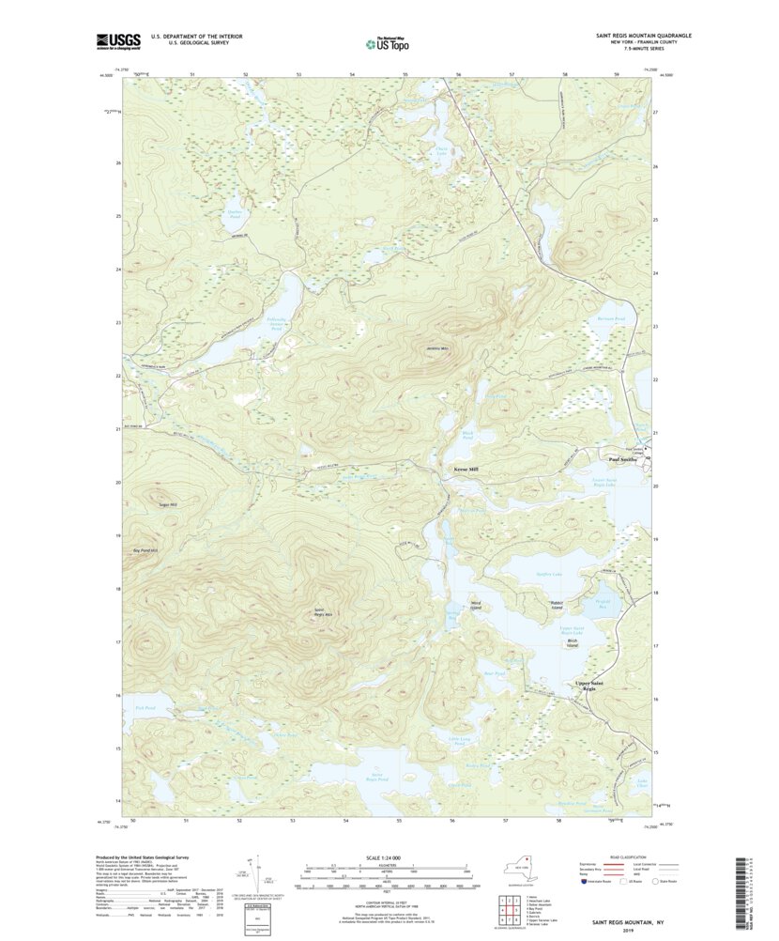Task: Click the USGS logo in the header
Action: pyautogui.click(x=117, y=40)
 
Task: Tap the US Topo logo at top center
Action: pyautogui.click(x=386, y=42)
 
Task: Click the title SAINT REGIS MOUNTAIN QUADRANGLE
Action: pyautogui.click(x=643, y=35)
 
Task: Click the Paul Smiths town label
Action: pyautogui.click(x=623, y=460)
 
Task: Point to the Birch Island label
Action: pyautogui.click(x=572, y=644)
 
